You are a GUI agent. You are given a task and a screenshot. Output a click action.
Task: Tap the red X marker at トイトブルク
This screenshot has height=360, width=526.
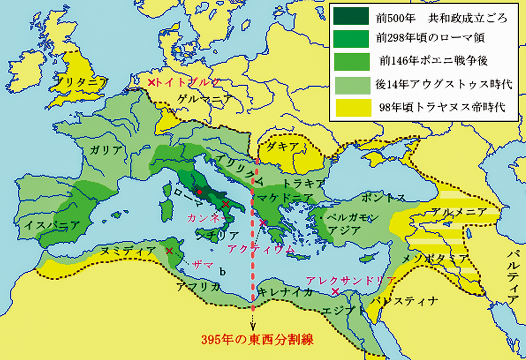[151, 83]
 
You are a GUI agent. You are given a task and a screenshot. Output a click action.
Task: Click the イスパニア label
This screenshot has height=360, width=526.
[52, 225]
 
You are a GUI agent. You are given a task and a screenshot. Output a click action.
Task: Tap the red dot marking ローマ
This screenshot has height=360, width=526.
[199, 192]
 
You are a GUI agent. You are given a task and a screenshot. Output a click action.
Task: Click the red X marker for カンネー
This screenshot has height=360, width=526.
[225, 204]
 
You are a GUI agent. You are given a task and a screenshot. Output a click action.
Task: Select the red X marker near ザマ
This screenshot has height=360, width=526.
[169, 251]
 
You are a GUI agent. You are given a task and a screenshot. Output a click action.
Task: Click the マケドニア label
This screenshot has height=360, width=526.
[282, 198]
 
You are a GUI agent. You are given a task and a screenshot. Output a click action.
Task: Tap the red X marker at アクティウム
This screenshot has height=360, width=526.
[262, 223]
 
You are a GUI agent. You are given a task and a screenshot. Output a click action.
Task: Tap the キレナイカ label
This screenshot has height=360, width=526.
[286, 292]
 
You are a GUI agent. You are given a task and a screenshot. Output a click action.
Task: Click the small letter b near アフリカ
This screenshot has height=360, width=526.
[222, 271]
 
